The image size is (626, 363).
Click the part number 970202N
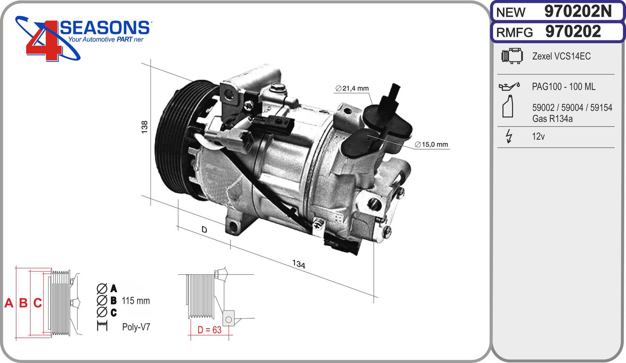coord(578,11)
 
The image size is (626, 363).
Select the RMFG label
coord(514,33)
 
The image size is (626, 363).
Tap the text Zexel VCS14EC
coord(561,56)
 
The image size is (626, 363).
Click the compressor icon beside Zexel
coord(512,56)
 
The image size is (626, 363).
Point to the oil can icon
coord(509,86)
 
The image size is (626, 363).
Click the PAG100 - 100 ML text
coord(564,87)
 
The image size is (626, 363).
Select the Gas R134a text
coord(552,119)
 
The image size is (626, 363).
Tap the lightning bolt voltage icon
coord(509,136)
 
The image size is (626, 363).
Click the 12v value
coord(538,136)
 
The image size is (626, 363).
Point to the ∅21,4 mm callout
coord(352,88)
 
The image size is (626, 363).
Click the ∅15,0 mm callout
coord(431,145)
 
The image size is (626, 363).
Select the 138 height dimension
coord(144,127)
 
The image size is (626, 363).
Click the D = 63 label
coord(209,330)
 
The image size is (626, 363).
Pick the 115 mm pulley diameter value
coord(136,301)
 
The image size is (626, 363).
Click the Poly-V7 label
coord(136,327)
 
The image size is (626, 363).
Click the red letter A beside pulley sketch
coord(9,303)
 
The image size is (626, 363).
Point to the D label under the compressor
coord(204,230)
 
